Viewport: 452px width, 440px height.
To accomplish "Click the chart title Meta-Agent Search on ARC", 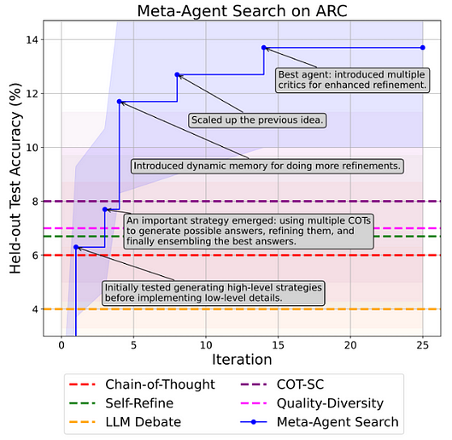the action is pyautogui.click(x=242, y=11).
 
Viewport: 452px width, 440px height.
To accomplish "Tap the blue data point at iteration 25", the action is pyautogui.click(x=423, y=48).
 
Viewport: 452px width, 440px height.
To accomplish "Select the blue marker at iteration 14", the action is pyautogui.click(x=264, y=48).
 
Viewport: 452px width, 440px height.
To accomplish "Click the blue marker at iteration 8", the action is pyautogui.click(x=177, y=74).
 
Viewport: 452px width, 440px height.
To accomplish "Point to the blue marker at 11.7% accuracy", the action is pyautogui.click(x=119, y=102).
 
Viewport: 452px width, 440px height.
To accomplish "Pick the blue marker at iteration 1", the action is pyautogui.click(x=76, y=247).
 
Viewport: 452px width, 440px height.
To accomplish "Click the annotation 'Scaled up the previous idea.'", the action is pyautogui.click(x=257, y=120).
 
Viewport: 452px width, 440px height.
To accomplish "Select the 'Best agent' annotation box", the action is pyautogui.click(x=352, y=79).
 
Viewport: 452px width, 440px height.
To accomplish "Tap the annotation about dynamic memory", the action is pyautogui.click(x=267, y=166).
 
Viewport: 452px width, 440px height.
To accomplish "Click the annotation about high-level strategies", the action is pyautogui.click(x=214, y=293).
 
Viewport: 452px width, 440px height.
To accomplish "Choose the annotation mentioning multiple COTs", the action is pyautogui.click(x=249, y=231).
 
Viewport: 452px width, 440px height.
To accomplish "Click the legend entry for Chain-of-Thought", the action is pyautogui.click(x=142, y=384).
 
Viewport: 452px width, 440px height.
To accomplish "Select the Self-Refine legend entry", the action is pyautogui.click(x=121, y=403).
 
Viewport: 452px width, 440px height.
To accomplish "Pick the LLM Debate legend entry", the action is pyautogui.click(x=125, y=422).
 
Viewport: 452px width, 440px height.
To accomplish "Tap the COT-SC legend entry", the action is pyautogui.click(x=282, y=384).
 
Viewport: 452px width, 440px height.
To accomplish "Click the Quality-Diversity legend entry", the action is pyautogui.click(x=312, y=403).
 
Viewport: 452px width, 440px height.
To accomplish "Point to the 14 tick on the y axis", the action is pyautogui.click(x=32, y=40).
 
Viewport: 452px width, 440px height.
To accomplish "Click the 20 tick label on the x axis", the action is pyautogui.click(x=350, y=345).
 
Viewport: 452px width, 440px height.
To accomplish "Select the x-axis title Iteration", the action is pyautogui.click(x=242, y=360).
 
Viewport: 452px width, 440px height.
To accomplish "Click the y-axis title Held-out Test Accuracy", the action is pyautogui.click(x=15, y=178).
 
